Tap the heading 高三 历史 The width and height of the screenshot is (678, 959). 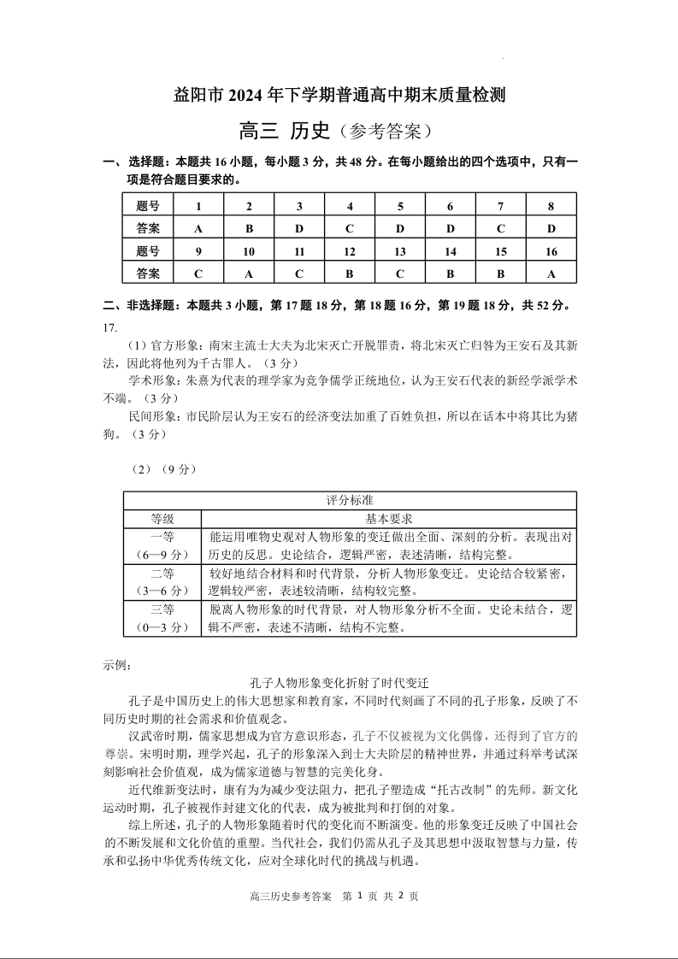pyautogui.click(x=284, y=131)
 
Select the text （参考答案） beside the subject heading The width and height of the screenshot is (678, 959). pyautogui.click(x=381, y=132)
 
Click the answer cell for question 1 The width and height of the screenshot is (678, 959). pyautogui.click(x=198, y=228)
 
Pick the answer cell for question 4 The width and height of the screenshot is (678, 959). pyautogui.click(x=350, y=228)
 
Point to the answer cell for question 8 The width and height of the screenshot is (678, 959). pyautogui.click(x=551, y=228)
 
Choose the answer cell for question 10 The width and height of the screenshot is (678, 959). pyautogui.click(x=249, y=274)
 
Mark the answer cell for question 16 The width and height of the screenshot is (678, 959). pyautogui.click(x=551, y=274)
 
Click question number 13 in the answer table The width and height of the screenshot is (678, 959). pyautogui.click(x=400, y=251)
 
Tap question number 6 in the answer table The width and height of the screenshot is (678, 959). pyautogui.click(x=451, y=206)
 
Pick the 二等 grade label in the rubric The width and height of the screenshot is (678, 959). pyautogui.click(x=162, y=573)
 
